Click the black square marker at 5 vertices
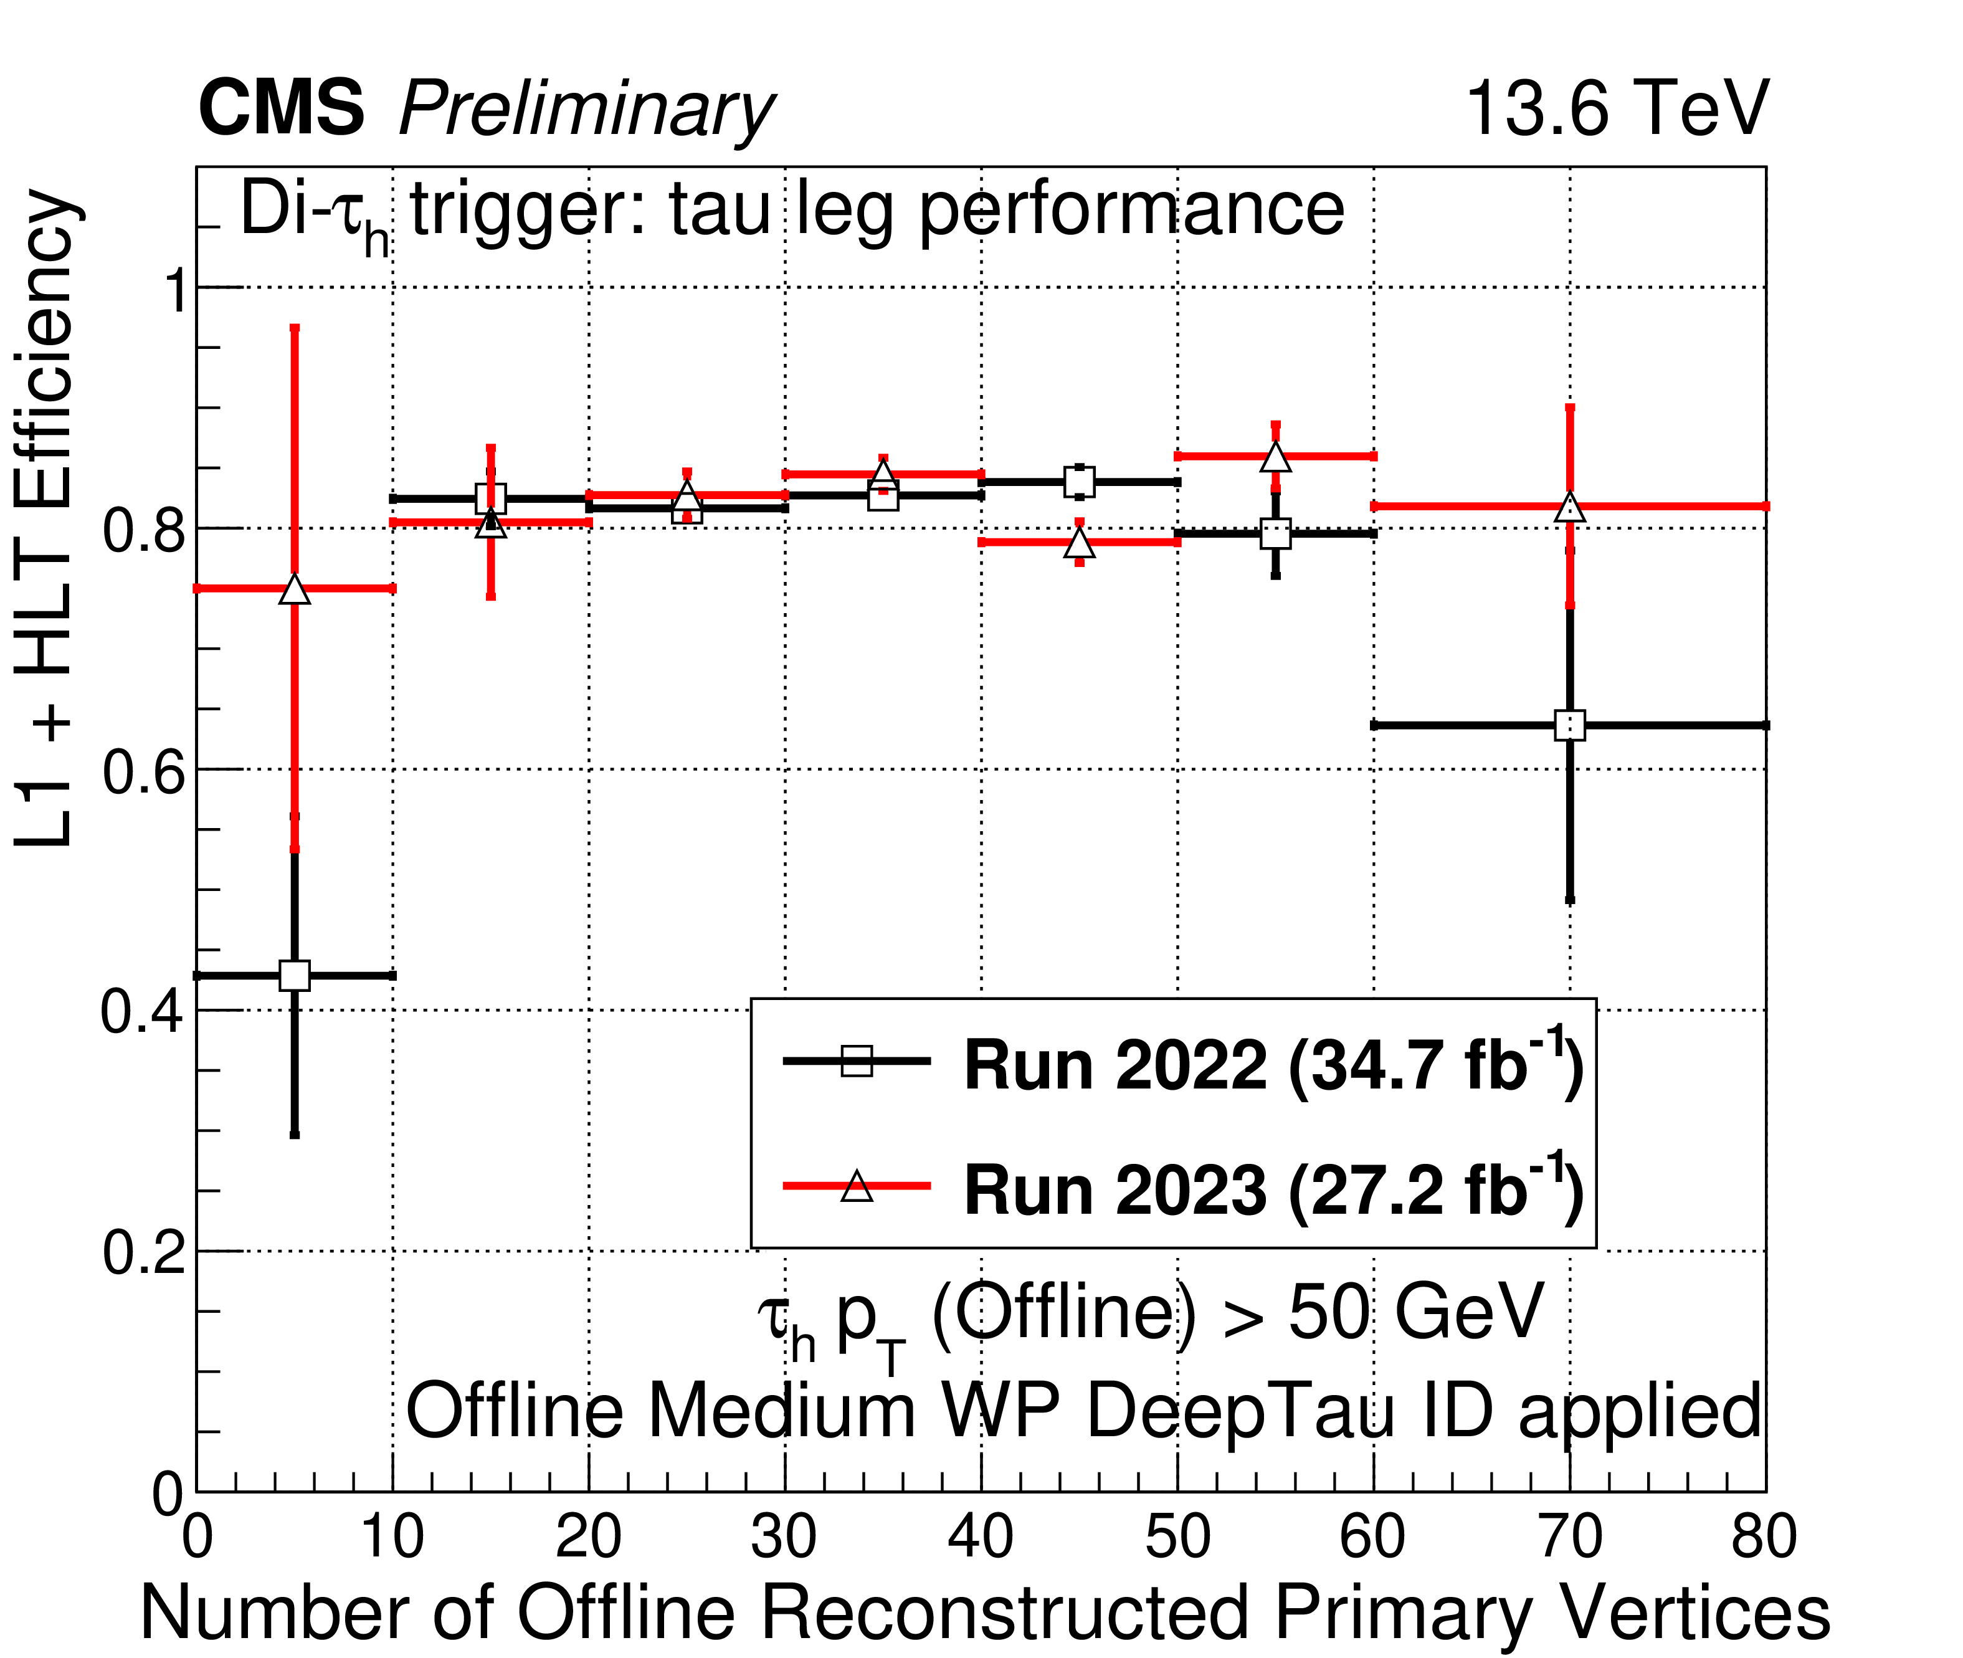295,976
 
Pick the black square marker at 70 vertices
1570,726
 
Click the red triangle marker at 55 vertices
1275,457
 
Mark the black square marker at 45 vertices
1080,482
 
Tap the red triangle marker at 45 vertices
1080,543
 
